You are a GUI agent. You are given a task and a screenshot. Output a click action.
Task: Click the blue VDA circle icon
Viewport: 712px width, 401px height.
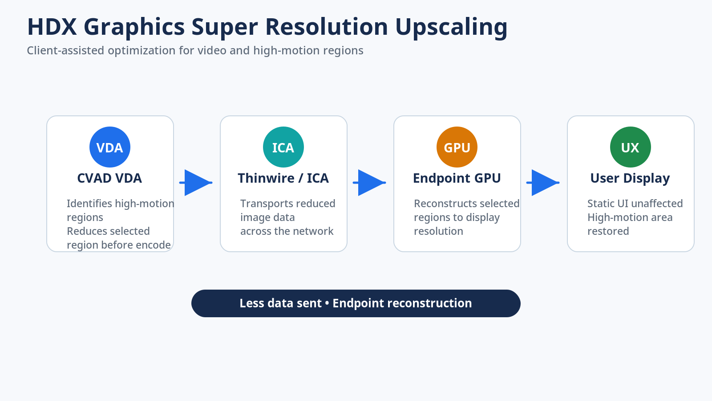tap(109, 147)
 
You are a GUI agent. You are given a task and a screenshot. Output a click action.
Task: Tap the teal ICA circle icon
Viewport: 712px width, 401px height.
tap(283, 147)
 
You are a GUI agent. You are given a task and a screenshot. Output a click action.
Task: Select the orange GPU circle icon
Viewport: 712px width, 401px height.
tap(457, 147)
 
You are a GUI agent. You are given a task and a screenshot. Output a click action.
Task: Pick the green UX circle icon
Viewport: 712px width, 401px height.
tap(630, 147)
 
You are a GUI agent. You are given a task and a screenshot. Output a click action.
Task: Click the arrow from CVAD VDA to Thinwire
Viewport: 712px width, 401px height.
tap(196, 183)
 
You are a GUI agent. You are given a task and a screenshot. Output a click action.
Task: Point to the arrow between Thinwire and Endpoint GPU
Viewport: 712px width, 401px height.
tap(369, 183)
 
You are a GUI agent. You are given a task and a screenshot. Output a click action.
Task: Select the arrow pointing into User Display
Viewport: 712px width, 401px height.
tap(543, 183)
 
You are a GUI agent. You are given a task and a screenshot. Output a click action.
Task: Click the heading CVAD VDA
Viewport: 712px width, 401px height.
tap(109, 178)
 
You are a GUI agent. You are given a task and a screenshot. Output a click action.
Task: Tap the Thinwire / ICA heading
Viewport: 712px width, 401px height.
tap(283, 178)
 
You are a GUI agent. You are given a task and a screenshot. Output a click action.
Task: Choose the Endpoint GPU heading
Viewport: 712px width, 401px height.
tap(457, 178)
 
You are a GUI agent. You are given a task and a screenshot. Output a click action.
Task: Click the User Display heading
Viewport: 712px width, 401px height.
tap(630, 178)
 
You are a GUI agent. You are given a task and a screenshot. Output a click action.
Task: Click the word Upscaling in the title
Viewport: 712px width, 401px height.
tap(451, 27)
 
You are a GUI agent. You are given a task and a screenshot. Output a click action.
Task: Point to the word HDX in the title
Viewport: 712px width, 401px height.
tap(52, 27)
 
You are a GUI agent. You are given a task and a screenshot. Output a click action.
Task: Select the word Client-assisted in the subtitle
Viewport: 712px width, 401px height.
tap(65, 51)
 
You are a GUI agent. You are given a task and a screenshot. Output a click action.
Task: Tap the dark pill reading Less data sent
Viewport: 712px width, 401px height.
tap(356, 303)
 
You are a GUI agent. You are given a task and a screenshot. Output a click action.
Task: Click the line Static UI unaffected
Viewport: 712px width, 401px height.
tap(635, 203)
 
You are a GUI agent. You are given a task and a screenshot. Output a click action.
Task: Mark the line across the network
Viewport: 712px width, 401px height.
tap(287, 231)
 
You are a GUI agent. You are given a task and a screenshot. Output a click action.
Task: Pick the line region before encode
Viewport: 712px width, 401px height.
tap(118, 245)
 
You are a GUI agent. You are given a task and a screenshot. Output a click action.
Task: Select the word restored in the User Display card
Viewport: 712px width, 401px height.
tap(608, 231)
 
